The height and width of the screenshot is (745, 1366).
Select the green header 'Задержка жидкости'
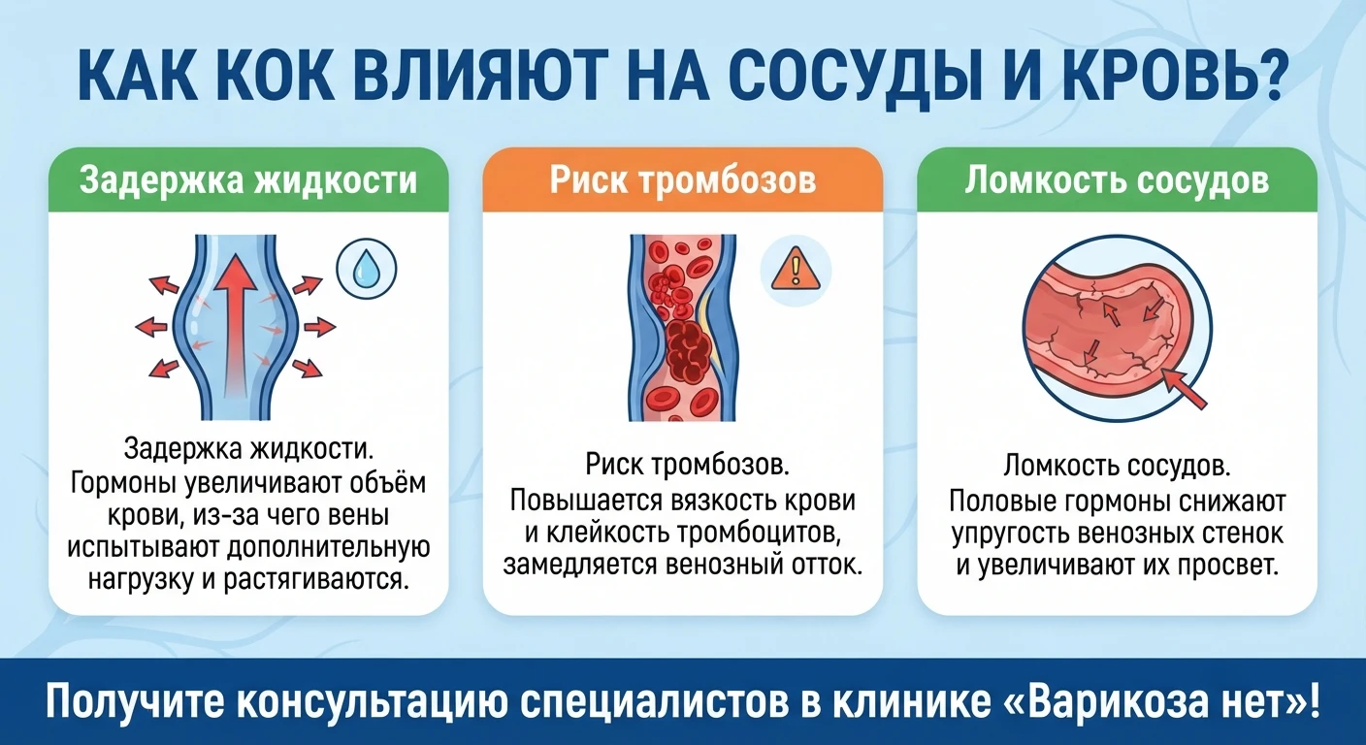pos(248,179)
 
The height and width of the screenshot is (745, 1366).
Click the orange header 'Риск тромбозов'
pos(682,179)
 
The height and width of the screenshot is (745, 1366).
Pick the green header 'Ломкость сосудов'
pos(1117,179)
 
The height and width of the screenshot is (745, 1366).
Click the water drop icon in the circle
pos(367,269)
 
